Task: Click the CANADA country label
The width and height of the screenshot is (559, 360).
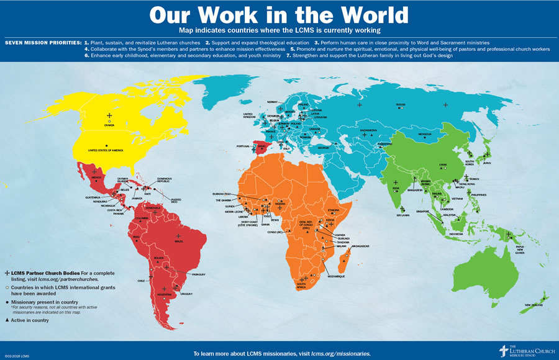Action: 109,125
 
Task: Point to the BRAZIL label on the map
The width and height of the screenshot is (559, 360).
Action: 179,241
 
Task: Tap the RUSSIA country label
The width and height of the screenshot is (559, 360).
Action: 401,104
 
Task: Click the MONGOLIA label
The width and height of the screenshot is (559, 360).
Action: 425,135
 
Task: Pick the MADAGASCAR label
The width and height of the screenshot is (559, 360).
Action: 360,246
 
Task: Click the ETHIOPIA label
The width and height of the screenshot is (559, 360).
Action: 333,210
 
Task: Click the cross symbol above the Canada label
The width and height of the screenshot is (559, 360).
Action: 109,115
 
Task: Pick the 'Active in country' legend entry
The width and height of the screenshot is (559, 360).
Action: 29,320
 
